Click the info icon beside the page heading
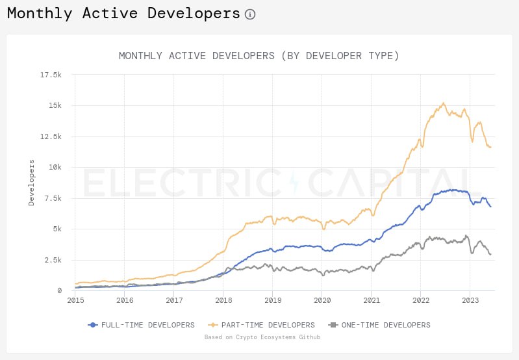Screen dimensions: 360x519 click(x=250, y=14)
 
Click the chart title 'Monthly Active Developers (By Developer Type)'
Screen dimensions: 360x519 click(x=259, y=56)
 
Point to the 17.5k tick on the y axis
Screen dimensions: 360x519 click(x=50, y=75)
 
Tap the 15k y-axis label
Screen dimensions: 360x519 click(x=54, y=105)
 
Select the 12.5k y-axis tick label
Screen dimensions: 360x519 click(x=50, y=136)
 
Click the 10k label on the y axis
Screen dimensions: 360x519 click(x=54, y=167)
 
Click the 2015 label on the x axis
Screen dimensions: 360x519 click(x=75, y=300)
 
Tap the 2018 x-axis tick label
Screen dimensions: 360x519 click(x=223, y=300)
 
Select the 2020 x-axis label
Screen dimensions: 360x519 click(x=322, y=300)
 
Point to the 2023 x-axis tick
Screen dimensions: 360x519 click(x=470, y=300)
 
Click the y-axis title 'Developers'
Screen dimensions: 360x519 click(x=32, y=183)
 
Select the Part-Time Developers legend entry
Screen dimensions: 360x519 click(x=262, y=325)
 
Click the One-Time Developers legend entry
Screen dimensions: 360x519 click(x=380, y=325)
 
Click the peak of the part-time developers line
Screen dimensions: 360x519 click(x=443, y=103)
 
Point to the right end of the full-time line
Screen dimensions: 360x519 click(x=490, y=207)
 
